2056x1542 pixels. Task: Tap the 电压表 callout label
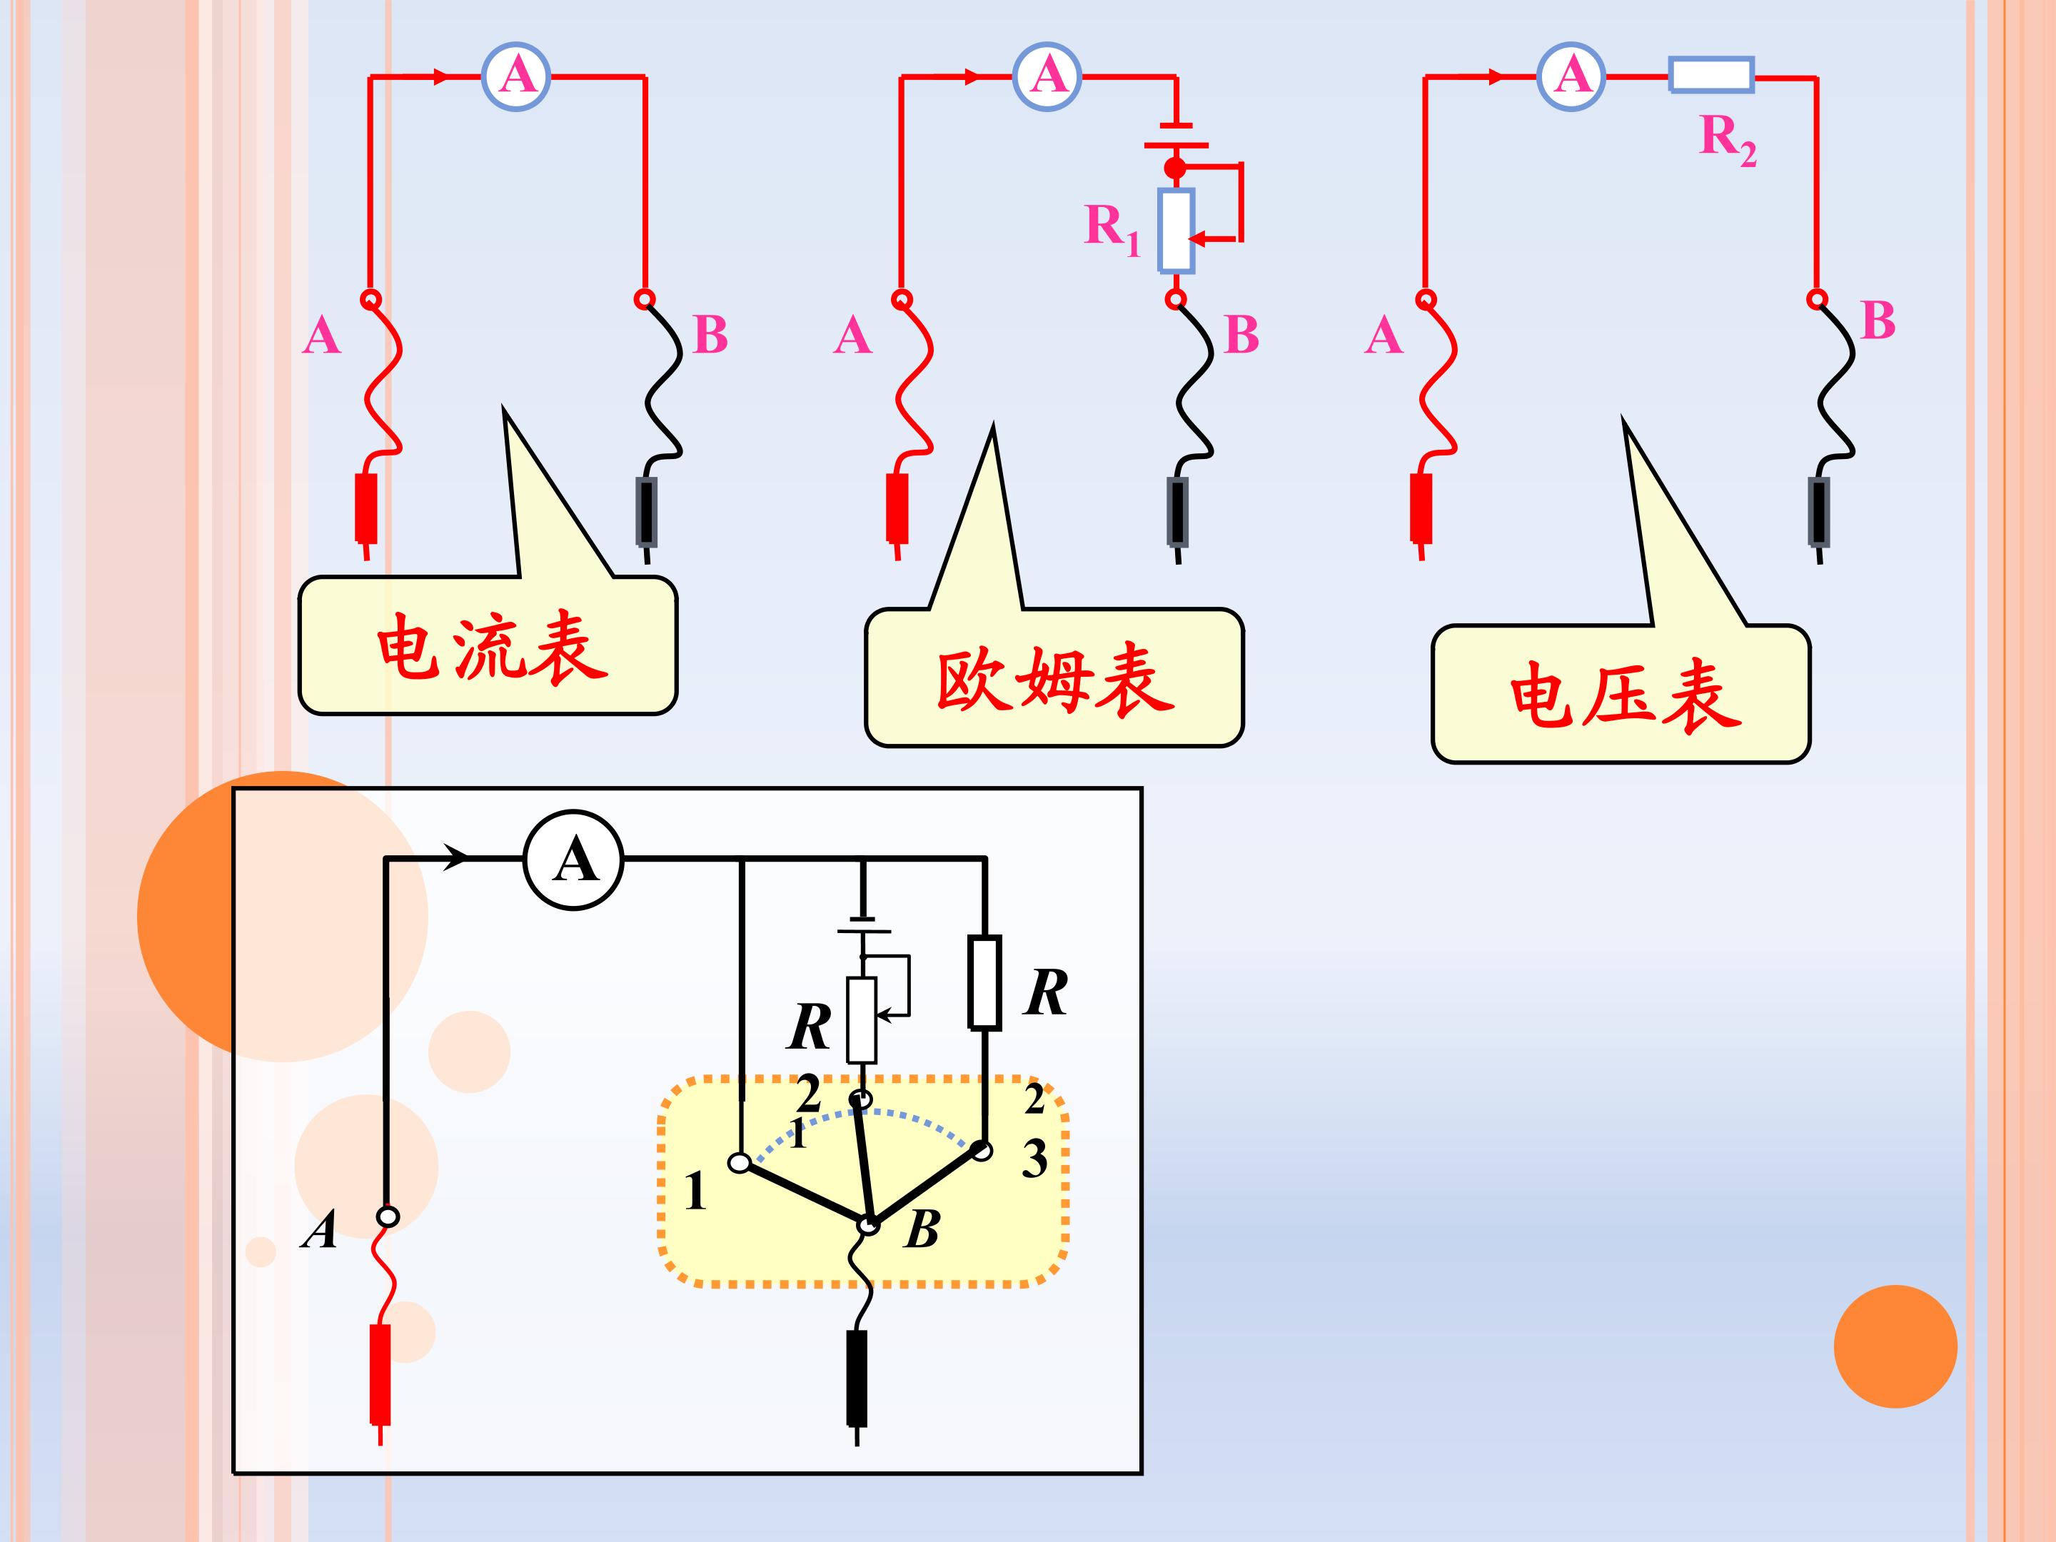point(1625,695)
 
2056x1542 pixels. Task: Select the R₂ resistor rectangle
point(1711,75)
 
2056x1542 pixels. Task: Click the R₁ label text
point(1112,228)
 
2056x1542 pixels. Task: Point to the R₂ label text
point(1728,141)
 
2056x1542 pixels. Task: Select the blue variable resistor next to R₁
point(1176,231)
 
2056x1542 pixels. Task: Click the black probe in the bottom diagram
point(856,1379)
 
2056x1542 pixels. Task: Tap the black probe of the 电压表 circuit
point(1819,511)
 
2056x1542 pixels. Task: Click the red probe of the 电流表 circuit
point(366,508)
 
